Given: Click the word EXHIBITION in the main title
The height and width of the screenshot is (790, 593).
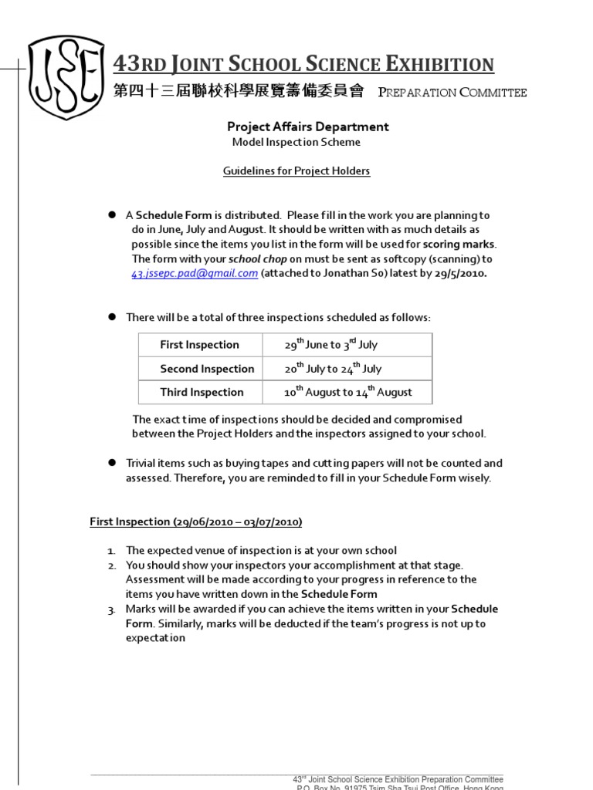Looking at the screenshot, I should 435,65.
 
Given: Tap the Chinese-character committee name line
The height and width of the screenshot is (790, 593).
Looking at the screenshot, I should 238,92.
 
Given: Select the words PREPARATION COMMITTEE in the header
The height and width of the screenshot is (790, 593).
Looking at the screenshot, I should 452,93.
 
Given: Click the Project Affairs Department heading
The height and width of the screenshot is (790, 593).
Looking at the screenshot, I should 307,127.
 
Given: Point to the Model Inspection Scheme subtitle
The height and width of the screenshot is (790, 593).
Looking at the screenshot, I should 296,142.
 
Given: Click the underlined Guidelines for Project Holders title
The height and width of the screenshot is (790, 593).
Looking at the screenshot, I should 296,170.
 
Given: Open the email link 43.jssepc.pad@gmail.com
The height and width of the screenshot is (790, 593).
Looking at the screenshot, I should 195,273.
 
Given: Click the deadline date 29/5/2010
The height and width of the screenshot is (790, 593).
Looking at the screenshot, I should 460,273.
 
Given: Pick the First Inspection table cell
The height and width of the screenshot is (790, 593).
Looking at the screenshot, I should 200,345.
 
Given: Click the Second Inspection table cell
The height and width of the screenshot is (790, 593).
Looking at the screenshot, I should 207,369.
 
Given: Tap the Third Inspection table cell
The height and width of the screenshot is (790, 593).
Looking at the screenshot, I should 202,392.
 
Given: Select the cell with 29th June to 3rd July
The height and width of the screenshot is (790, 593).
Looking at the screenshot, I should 331,344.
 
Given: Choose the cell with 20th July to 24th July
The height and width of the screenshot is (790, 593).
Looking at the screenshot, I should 333,368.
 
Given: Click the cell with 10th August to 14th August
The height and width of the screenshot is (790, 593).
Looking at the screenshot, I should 348,391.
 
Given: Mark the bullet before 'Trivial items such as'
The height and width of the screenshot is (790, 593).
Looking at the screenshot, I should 111,463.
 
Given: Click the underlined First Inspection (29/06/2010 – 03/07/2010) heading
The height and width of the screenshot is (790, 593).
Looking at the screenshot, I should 196,522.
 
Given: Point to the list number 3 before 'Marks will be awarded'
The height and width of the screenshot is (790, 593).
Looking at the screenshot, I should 111,609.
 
